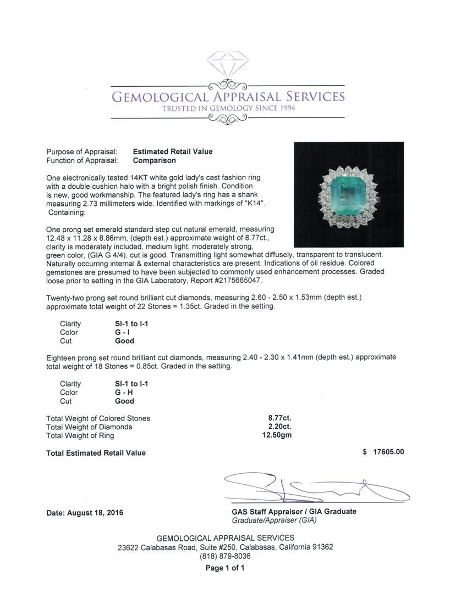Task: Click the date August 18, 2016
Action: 85,513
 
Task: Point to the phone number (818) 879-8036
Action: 225,556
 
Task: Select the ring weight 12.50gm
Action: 277,435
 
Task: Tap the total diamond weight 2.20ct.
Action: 278,427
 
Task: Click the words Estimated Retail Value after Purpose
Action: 173,152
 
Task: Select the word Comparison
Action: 155,160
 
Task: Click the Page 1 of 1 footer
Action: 225,568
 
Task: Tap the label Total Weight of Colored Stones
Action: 98,418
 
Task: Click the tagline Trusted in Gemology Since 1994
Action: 228,109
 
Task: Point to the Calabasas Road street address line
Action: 225,547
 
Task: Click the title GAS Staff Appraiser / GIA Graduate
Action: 294,511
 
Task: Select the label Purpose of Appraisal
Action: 82,152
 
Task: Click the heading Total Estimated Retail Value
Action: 96,453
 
